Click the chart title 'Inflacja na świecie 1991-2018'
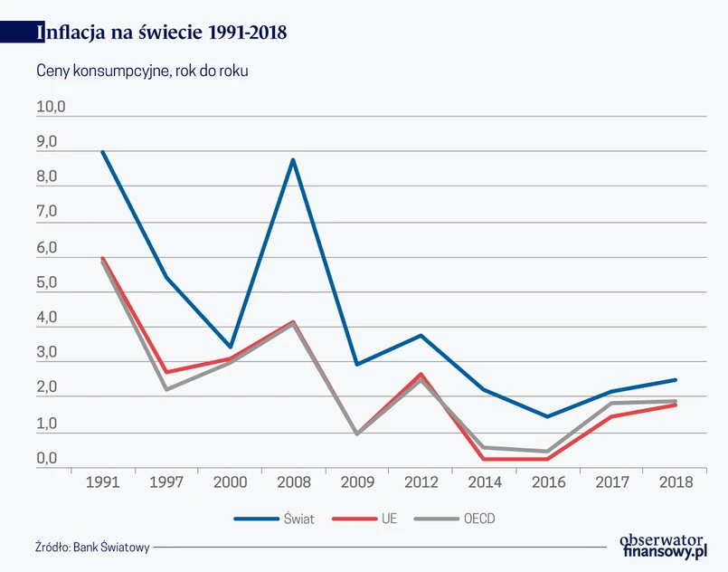[162, 33]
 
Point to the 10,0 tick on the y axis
[52, 108]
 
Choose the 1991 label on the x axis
[102, 482]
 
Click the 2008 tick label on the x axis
[293, 482]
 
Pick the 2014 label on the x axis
[484, 482]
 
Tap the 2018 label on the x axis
[676, 482]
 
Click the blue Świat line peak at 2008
[293, 160]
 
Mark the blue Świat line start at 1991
[102, 152]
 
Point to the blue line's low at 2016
[547, 416]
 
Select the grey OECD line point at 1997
[166, 389]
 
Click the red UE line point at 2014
[484, 459]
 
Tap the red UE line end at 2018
[676, 405]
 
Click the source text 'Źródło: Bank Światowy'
[92, 547]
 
